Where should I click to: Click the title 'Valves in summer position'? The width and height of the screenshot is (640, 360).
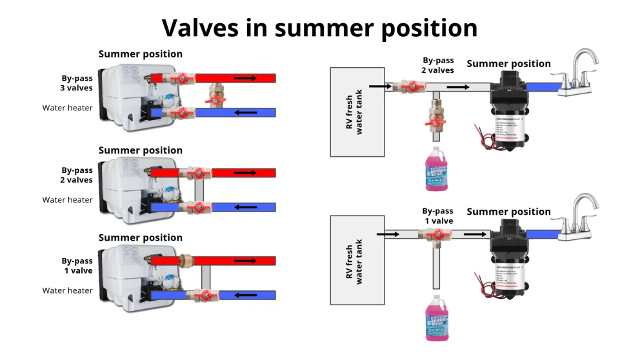pyautogui.click(x=319, y=28)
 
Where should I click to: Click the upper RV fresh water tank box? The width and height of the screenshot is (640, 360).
pyautogui.click(x=357, y=111)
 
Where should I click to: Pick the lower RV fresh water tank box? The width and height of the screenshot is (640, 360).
pyautogui.click(x=357, y=260)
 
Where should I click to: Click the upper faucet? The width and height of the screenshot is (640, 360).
pyautogui.click(x=577, y=72)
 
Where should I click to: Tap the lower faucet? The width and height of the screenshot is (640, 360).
pyautogui.click(x=577, y=217)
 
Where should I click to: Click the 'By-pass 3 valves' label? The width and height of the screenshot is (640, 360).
pyautogui.click(x=77, y=83)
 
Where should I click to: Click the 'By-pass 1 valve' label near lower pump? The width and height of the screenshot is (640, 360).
pyautogui.click(x=437, y=215)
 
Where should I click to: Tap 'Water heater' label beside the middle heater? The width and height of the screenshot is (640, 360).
pyautogui.click(x=68, y=200)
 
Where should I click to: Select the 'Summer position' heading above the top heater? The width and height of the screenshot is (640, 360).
pyautogui.click(x=140, y=54)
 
